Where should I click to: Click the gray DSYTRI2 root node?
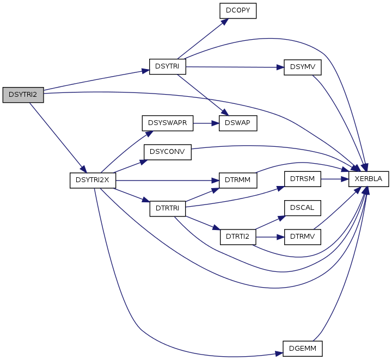pyautogui.click(x=23, y=95)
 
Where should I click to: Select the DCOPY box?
pyautogui.click(x=238, y=11)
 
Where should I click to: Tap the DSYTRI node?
pyautogui.click(x=168, y=67)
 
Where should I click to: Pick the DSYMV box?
pyautogui.click(x=303, y=67)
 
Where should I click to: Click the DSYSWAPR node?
pyautogui.click(x=168, y=123)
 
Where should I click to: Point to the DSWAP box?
pyautogui.click(x=238, y=123)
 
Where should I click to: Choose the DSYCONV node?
pyautogui.click(x=168, y=152)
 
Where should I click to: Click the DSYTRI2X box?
pyautogui.click(x=93, y=180)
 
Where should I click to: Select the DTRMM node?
pyautogui.click(x=238, y=180)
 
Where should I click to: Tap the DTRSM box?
pyautogui.click(x=303, y=179)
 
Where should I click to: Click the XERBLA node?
pyautogui.click(x=369, y=179)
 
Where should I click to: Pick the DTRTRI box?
pyautogui.click(x=168, y=208)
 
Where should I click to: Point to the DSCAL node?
pyautogui.click(x=303, y=208)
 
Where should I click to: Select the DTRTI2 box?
pyautogui.click(x=238, y=237)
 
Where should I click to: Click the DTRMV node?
pyautogui.click(x=303, y=237)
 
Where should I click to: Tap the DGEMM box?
pyautogui.click(x=303, y=349)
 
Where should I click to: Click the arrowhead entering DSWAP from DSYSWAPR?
pyautogui.click(x=216, y=123)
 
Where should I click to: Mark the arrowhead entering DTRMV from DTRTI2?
pyautogui.click(x=281, y=237)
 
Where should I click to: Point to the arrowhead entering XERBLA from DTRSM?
pyautogui.click(x=345, y=179)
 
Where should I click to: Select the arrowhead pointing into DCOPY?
pyautogui.click(x=225, y=21)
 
